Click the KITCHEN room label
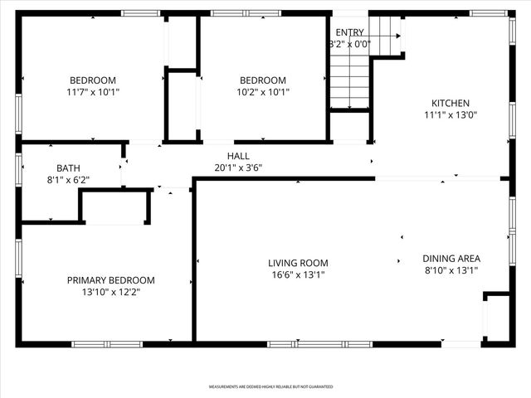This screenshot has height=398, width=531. [450, 103]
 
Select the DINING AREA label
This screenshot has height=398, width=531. [451, 258]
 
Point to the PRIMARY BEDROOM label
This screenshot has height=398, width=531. [110, 280]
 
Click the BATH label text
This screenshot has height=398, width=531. [68, 168]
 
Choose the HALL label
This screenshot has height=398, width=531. [238, 156]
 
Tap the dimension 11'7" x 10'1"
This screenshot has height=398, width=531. [93, 92]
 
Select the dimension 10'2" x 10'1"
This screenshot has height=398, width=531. [264, 92]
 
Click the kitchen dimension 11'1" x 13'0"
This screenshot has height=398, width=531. [450, 115]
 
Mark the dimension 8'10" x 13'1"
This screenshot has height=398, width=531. [451, 270]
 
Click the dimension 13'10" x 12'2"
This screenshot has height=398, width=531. [110, 293]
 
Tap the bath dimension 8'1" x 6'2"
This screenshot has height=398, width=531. [68, 179]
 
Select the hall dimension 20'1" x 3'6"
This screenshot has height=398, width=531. [238, 167]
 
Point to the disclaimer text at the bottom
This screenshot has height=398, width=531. [270, 386]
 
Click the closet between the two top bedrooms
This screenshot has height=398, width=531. [182, 104]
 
